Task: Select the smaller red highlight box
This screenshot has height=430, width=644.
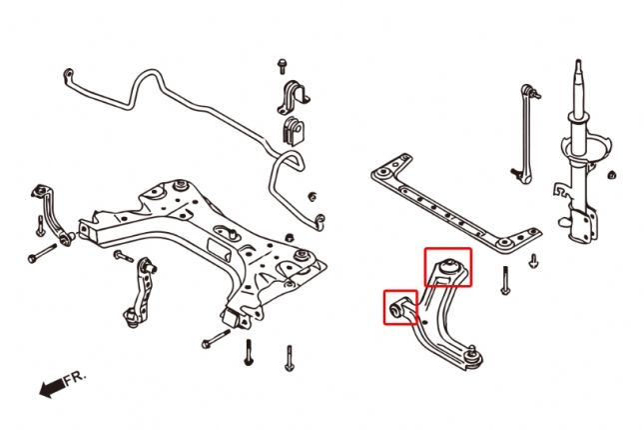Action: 401,307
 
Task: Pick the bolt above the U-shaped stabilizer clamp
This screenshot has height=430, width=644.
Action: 283,69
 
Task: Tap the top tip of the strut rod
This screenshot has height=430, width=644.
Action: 577,66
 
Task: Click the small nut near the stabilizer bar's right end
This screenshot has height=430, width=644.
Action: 313,194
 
